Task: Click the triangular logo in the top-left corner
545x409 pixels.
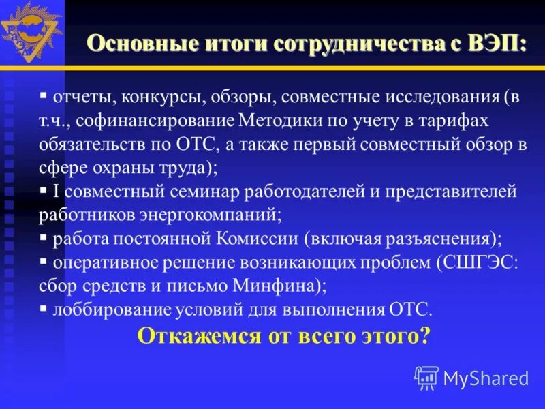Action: (31, 31)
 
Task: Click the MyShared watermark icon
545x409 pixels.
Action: (426, 377)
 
